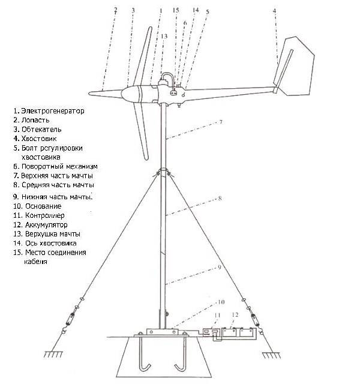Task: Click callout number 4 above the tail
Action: coord(274,11)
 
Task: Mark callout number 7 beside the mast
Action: coord(221,122)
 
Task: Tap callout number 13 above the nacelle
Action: coord(164,36)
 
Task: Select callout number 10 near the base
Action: coord(221,302)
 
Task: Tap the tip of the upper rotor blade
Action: coord(150,28)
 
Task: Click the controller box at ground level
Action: coord(212,332)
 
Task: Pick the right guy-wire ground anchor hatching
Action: coord(271,355)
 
